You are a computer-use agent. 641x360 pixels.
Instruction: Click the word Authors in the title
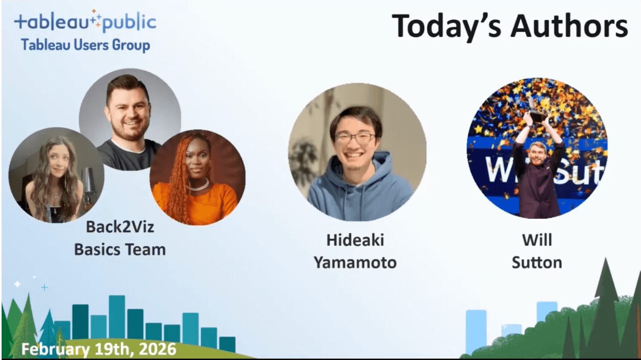569,26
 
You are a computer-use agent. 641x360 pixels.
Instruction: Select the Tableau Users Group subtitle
86,45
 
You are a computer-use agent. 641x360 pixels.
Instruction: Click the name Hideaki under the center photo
355,240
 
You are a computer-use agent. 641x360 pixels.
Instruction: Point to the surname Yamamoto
355,263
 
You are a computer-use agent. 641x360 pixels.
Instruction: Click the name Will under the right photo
537,240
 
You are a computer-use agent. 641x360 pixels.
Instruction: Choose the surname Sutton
537,263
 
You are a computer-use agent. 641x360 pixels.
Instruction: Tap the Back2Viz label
120,227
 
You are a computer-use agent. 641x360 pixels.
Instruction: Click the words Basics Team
120,249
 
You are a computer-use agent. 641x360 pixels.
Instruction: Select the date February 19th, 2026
99,349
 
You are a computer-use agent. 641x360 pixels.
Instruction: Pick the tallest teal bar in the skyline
117,317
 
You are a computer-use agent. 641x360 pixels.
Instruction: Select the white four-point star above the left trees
17,284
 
